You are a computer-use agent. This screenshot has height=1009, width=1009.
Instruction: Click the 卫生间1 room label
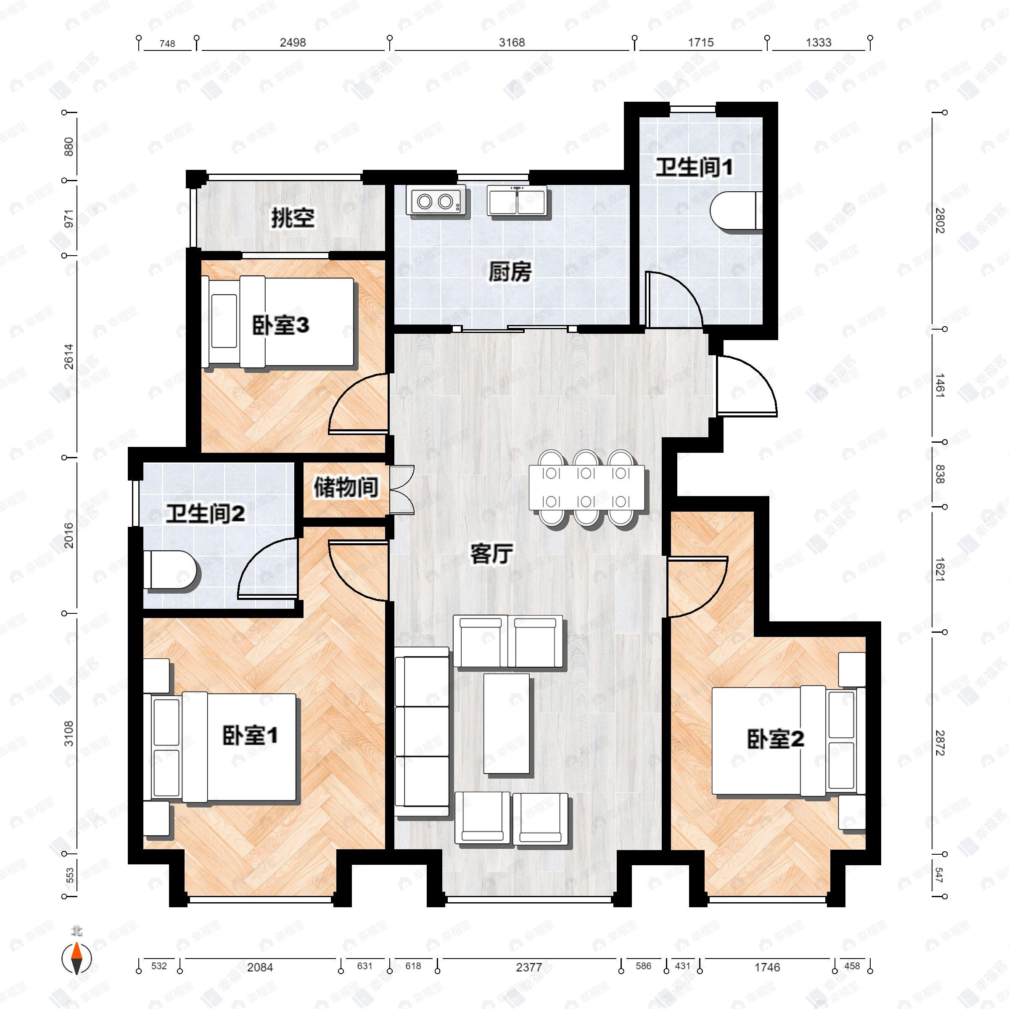pos(694,168)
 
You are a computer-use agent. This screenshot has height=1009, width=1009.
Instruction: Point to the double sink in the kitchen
pos(518,201)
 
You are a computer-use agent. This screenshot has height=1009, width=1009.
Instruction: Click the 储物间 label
pos(346,488)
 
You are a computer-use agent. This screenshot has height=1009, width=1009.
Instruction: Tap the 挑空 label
pos(293,218)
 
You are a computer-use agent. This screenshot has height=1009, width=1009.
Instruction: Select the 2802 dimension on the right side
pos(940,220)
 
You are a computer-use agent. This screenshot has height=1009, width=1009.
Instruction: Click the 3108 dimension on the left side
pos(69,733)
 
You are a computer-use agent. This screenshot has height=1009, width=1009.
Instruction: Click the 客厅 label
pos(491,554)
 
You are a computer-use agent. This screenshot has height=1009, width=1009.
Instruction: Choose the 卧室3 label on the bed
pos(280,325)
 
